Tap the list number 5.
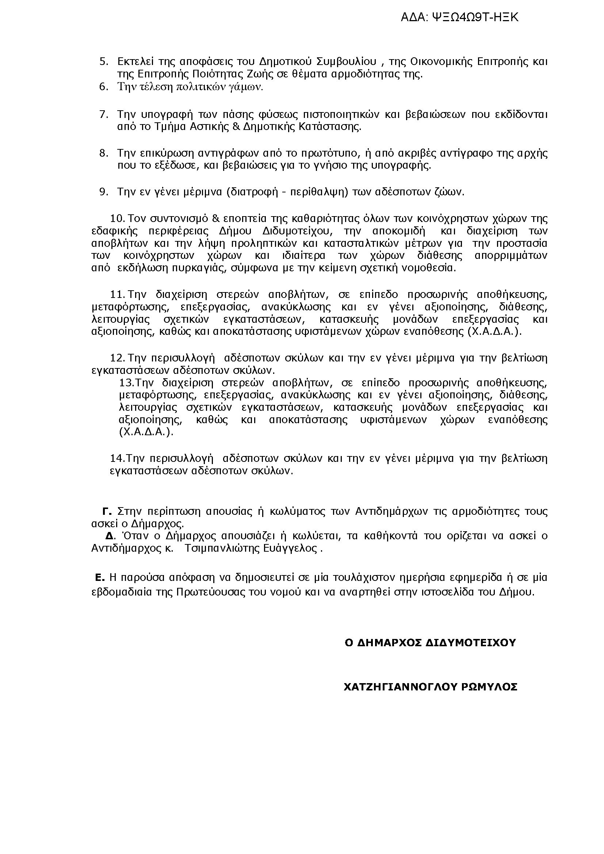click(x=103, y=61)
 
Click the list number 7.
click(x=103, y=114)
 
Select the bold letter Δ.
click(x=109, y=536)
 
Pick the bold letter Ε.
click(x=99, y=578)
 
